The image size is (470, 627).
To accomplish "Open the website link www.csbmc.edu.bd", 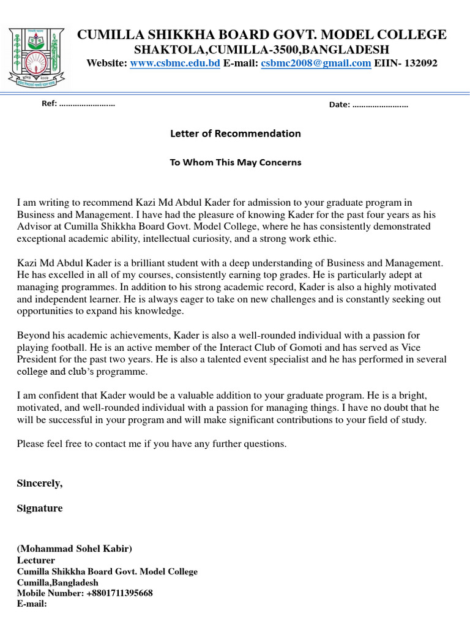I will tap(175, 63).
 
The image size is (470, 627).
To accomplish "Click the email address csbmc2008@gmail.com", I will tap(316, 63).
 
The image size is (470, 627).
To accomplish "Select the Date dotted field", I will tap(379, 105).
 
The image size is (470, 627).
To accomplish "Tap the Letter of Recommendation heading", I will tap(235, 133).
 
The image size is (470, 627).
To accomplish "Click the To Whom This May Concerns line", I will tap(235, 163).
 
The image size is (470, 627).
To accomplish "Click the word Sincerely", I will tap(40, 484).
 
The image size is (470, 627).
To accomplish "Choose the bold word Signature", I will tap(40, 509).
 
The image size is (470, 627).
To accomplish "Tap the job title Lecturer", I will tap(36, 560).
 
